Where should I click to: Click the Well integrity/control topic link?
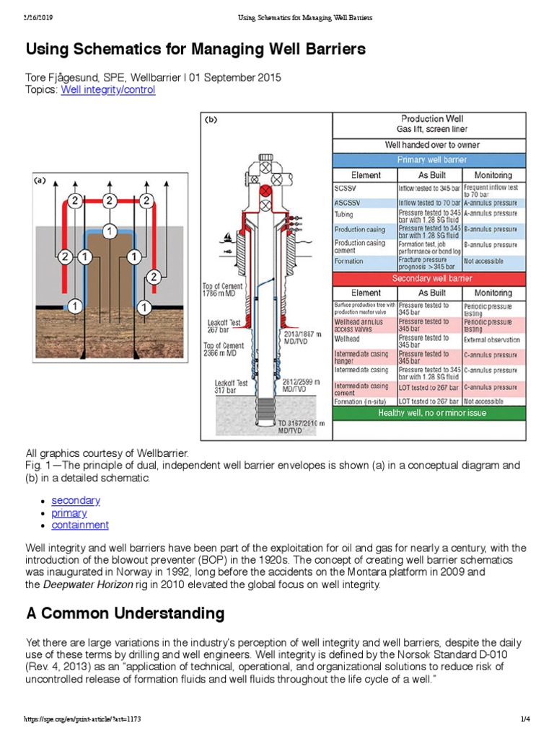(x=107, y=90)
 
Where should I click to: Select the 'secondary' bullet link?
(x=76, y=500)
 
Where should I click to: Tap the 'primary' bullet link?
(x=69, y=513)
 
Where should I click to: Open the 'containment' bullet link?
(x=80, y=525)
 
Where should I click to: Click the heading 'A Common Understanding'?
(x=125, y=614)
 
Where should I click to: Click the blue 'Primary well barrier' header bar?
(x=431, y=159)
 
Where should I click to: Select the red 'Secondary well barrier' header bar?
(x=431, y=278)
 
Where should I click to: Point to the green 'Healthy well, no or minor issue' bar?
(x=431, y=413)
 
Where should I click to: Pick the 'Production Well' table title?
(x=431, y=119)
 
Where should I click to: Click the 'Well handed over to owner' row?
(x=431, y=145)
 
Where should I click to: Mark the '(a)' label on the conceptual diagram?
(x=41, y=182)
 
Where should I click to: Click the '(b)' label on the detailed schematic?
(x=211, y=120)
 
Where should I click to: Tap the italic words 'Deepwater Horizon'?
(x=87, y=585)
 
